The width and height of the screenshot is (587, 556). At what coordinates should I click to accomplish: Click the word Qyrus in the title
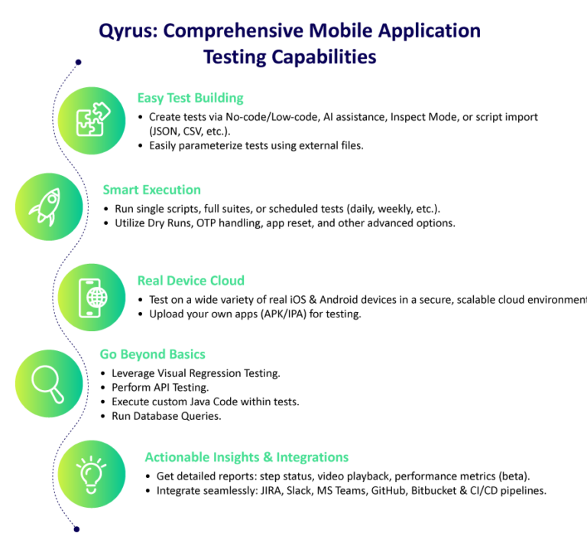pos(126,32)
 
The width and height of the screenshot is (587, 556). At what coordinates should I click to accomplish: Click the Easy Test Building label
pos(190,98)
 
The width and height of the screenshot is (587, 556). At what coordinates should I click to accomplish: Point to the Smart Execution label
pos(151,190)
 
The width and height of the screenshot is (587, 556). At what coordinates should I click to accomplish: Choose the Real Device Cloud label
pos(190,281)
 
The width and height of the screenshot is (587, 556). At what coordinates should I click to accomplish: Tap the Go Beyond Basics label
pos(153,354)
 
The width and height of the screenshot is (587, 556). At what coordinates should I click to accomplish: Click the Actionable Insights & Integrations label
pos(246,457)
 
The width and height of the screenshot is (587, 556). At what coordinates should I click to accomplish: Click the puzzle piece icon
pos(91,121)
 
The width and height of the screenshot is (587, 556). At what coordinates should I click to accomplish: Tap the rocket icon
pos(48,206)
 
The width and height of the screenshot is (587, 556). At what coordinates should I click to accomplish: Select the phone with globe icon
pos(91,297)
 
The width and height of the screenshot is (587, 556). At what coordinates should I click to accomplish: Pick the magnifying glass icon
pos(48,384)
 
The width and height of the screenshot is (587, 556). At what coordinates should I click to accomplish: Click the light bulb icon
pos(91,474)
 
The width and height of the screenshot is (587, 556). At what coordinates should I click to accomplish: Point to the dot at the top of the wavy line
pos(77,61)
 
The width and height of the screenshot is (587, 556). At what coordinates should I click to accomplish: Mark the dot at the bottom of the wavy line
pos(76,528)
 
